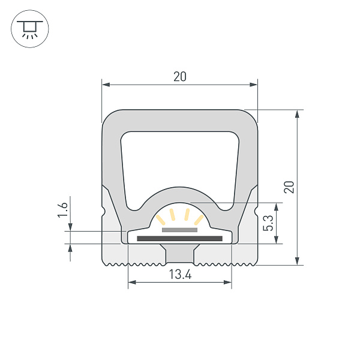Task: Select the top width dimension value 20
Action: pos(179,76)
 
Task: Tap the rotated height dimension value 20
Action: pos(289,187)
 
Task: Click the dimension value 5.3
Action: pos(268,223)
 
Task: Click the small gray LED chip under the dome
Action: pos(179,229)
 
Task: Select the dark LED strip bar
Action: pos(179,239)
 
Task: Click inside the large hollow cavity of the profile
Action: pos(179,159)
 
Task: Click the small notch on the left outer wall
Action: pos(104,211)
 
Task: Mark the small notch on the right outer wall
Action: pos(256,211)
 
